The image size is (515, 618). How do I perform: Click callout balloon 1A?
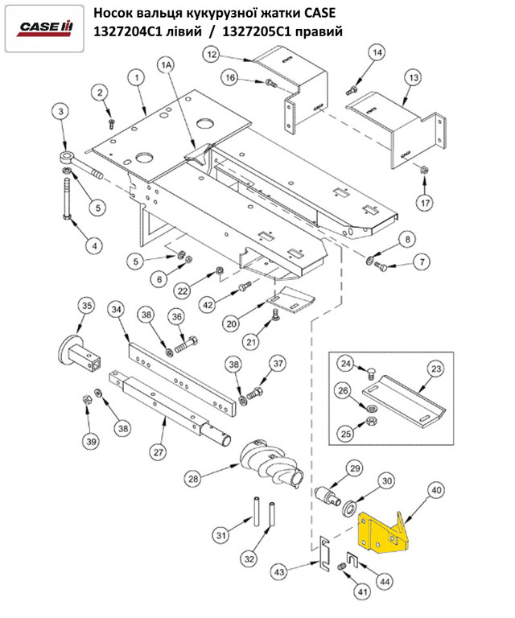pyautogui.click(x=167, y=64)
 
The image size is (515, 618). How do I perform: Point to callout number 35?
pyautogui.click(x=86, y=305)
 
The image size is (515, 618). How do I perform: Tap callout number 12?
pyautogui.click(x=211, y=55)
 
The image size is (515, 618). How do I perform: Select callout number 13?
pyautogui.click(x=412, y=78)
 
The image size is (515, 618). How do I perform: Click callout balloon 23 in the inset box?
pyautogui.click(x=435, y=370)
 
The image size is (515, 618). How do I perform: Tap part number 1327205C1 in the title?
pyautogui.click(x=264, y=32)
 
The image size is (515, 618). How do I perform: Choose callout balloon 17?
pyautogui.click(x=424, y=202)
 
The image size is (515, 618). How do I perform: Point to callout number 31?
pyautogui.click(x=220, y=534)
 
